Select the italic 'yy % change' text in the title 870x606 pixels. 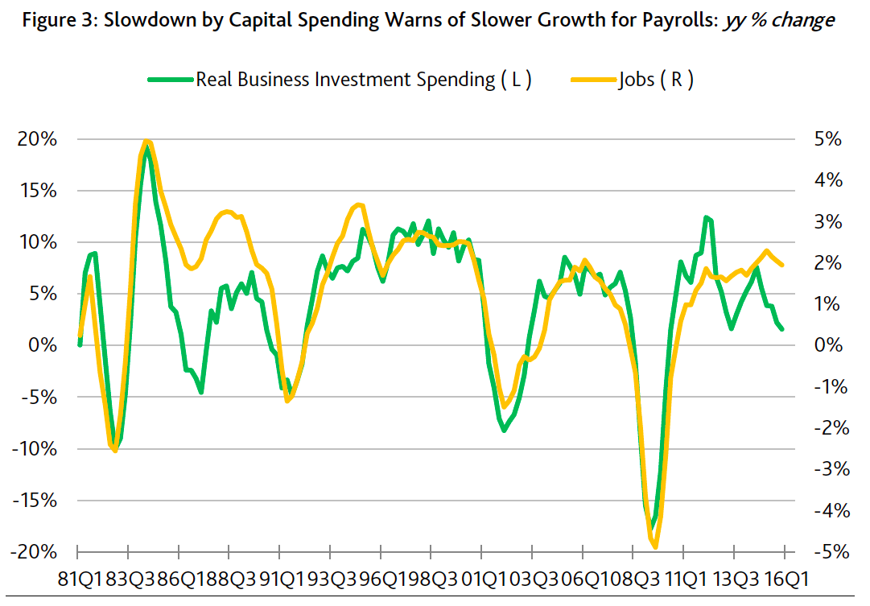point(779,20)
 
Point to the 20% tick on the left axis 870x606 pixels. point(37,139)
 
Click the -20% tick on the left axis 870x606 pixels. point(34,552)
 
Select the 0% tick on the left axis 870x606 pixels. point(42,345)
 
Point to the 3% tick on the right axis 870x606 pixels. point(827,222)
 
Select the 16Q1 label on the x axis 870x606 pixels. point(785,578)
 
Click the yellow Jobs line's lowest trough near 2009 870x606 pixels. point(655,546)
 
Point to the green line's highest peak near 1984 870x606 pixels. point(146,150)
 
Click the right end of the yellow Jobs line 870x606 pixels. point(783,265)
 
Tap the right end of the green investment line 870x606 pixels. point(783,329)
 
